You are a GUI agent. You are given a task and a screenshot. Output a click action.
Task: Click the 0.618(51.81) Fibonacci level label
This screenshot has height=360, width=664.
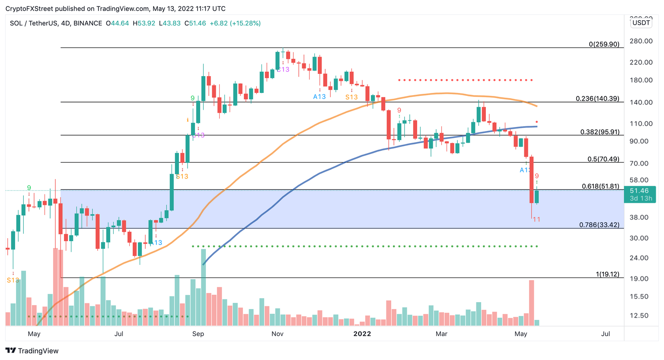point(600,186)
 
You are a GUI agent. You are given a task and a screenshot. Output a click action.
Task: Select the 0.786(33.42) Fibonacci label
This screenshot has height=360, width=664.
point(599,225)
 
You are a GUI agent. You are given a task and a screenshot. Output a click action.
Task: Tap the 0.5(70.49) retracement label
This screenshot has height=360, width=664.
point(603,159)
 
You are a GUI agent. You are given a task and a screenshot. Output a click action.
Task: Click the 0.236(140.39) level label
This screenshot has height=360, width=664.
point(597,99)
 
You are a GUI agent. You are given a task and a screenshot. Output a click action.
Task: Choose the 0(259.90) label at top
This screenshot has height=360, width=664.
point(604,44)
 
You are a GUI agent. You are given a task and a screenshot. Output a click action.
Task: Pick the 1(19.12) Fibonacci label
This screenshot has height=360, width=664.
point(607,274)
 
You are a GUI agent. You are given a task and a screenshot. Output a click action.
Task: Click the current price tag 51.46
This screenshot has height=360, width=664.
point(639,191)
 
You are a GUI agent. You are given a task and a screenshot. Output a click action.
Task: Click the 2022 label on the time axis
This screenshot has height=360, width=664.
point(362,334)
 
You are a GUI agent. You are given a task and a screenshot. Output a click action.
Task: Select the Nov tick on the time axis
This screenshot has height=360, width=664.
point(277,334)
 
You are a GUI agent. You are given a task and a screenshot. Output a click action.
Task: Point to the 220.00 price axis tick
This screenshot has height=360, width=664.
point(641,62)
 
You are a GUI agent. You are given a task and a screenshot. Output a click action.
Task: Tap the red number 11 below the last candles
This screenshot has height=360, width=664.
point(536,220)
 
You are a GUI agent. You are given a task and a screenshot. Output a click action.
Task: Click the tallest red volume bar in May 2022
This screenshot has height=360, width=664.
point(531,303)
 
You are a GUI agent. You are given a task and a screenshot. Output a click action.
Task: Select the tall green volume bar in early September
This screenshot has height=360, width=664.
point(203,287)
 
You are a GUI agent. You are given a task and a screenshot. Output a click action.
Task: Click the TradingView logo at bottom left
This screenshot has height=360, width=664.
point(32,350)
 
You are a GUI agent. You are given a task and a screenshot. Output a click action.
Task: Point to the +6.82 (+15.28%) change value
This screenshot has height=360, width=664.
point(235,23)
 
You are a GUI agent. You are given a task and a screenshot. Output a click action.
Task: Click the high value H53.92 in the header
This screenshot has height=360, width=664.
point(144,23)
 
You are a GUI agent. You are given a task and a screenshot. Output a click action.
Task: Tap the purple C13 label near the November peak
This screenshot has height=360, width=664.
point(283,69)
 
